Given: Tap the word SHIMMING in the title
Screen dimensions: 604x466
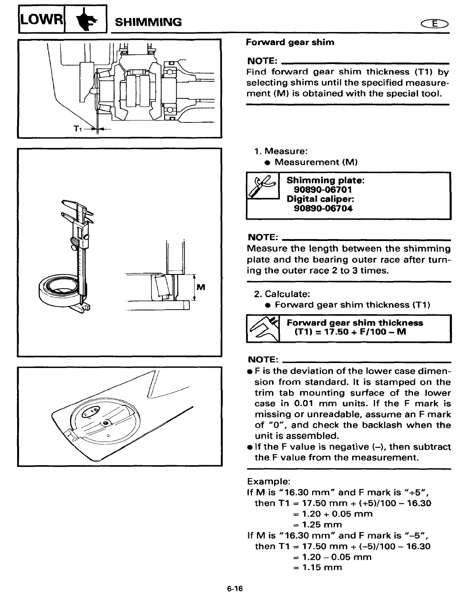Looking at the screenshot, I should pyautogui.click(x=148, y=22).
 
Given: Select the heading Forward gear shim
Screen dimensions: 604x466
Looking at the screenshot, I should pyautogui.click(x=290, y=42).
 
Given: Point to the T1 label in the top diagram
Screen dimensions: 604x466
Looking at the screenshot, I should pyautogui.click(x=77, y=129).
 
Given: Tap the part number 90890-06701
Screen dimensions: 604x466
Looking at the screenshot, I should pyautogui.click(x=323, y=190).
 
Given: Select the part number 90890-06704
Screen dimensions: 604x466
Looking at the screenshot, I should pyautogui.click(x=323, y=209).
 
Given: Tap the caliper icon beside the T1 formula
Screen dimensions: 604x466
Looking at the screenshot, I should pyautogui.click(x=263, y=328).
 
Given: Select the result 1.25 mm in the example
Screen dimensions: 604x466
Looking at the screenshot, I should pyautogui.click(x=322, y=525).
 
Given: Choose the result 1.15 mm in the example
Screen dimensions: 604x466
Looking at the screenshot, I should pyautogui.click(x=322, y=567).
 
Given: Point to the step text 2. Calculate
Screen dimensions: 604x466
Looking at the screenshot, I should pyautogui.click(x=282, y=294).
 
